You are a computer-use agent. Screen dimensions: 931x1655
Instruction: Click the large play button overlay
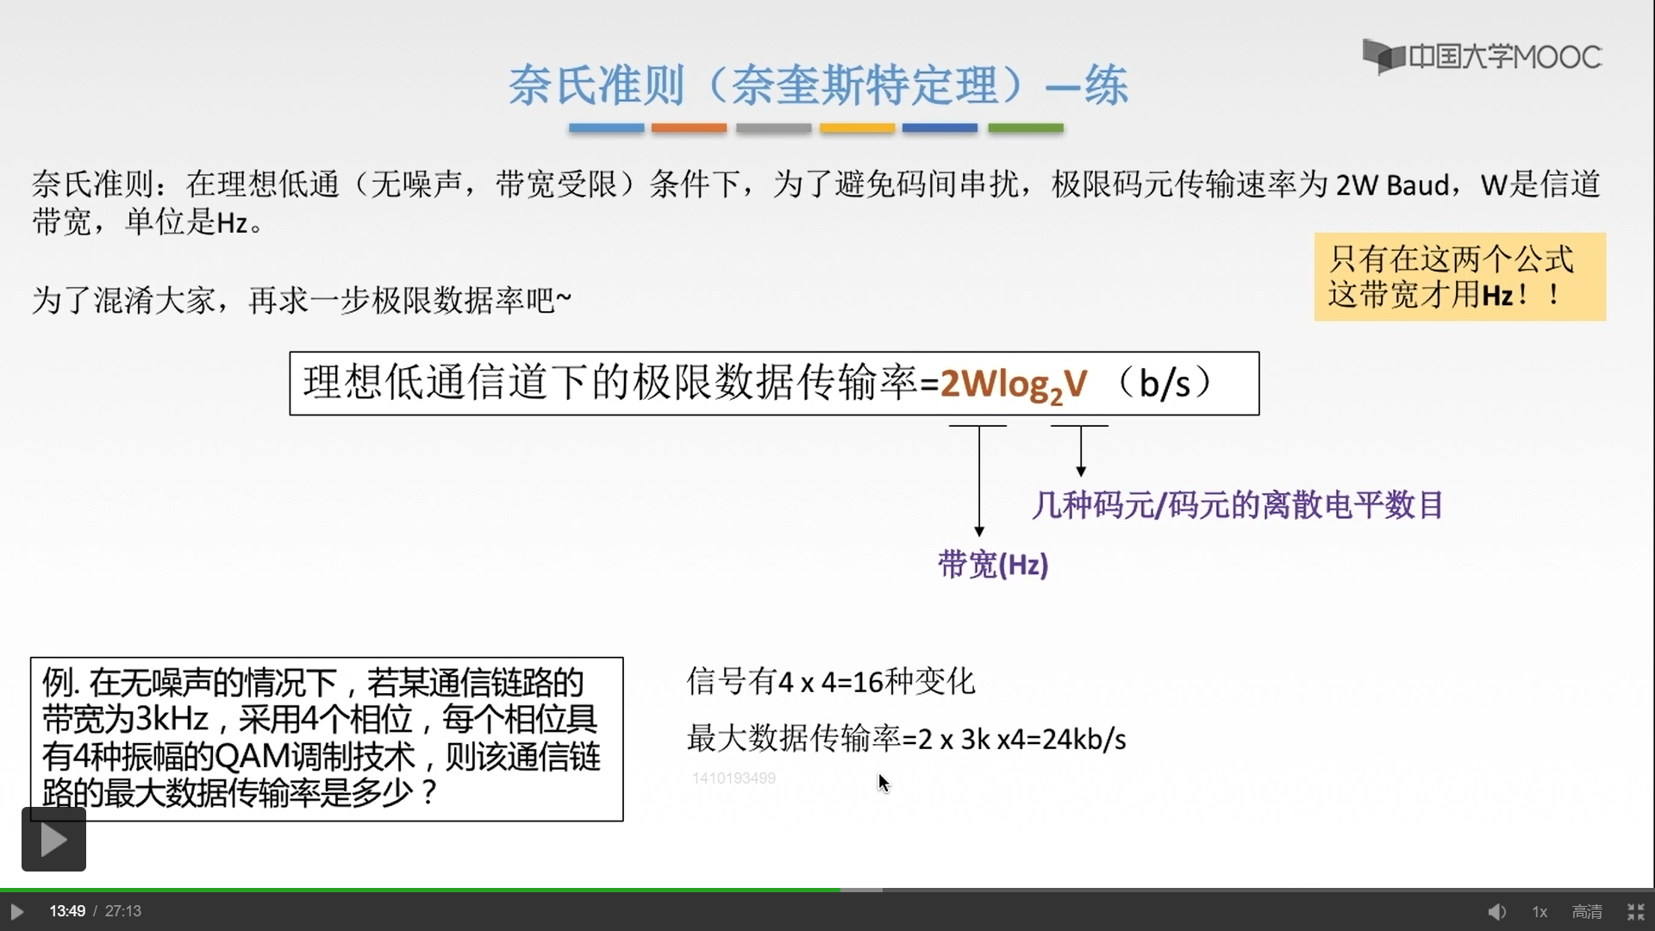[53, 839]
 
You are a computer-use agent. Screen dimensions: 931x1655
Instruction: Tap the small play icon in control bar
[16, 911]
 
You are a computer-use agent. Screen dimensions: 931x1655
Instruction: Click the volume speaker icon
[1496, 911]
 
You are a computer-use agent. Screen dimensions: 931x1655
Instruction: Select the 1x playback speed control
[1539, 911]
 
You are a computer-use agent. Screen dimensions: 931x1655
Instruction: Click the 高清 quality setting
[1587, 911]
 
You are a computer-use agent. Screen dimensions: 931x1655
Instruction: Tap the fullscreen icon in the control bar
[1635, 911]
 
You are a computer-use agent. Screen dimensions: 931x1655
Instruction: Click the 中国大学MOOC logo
[1482, 57]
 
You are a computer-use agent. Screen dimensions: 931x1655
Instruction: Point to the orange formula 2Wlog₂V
[1014, 384]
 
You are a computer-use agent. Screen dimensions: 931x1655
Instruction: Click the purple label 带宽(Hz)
[993, 565]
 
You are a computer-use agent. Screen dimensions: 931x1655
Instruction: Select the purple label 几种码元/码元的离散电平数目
[1237, 504]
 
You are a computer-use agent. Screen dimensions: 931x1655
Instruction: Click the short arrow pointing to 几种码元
[1080, 451]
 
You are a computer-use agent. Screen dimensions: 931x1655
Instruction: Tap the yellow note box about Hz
[1459, 277]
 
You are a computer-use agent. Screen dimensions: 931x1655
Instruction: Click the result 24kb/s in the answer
[1084, 739]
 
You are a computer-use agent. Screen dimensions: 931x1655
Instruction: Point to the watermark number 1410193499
[734, 778]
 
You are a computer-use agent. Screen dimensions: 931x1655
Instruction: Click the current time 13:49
[67, 911]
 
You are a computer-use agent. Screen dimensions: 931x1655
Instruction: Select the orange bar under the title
[689, 128]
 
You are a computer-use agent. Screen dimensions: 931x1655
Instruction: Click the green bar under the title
[1025, 128]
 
